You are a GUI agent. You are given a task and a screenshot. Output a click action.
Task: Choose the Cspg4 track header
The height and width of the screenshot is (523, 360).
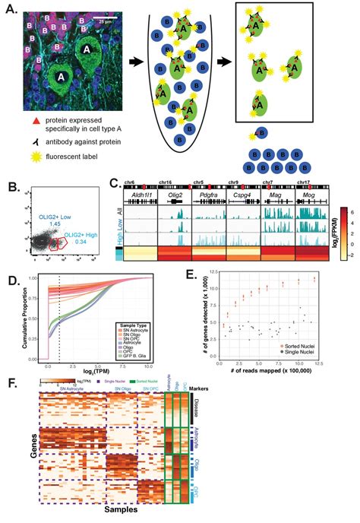(243, 195)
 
